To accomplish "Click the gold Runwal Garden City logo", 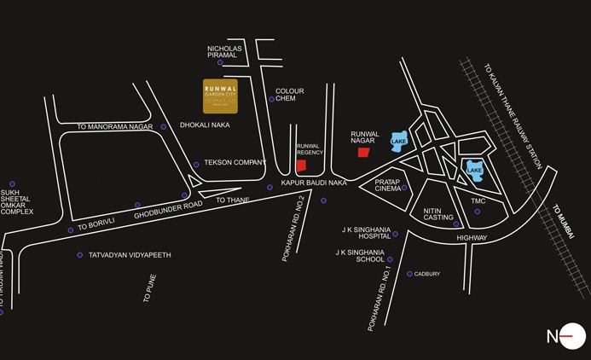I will (221, 96).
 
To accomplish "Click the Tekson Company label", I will (233, 161).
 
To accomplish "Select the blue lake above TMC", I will (473, 169).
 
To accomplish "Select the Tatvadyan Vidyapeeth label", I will (130, 255).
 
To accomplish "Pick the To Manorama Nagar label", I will (113, 127).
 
